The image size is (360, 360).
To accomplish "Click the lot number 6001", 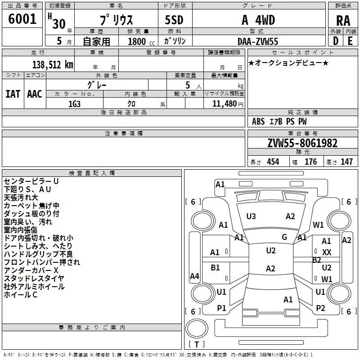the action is click(x=22, y=19).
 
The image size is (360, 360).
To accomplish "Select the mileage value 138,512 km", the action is click(x=53, y=65).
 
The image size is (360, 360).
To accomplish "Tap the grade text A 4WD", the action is click(x=258, y=20).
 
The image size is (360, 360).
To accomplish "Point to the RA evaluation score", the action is click(x=343, y=21).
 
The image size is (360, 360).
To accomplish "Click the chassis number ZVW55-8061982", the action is click(x=302, y=143).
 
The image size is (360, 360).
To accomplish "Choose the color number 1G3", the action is click(x=74, y=104).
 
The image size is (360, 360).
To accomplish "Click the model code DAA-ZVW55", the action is click(x=258, y=41).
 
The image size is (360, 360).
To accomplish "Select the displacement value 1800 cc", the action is click(x=141, y=41).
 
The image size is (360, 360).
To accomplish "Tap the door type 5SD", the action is click(x=174, y=20).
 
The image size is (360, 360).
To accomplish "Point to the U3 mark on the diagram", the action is click(x=251, y=216).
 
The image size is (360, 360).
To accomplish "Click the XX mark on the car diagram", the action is click(x=327, y=252).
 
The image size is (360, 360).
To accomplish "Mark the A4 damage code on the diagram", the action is click(x=194, y=276).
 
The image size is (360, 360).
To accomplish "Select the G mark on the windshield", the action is click(x=284, y=237).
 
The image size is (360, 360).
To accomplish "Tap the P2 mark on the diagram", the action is click(x=320, y=308).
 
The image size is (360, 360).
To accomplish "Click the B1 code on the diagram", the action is click(x=215, y=267).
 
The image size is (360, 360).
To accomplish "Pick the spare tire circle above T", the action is click(x=197, y=328).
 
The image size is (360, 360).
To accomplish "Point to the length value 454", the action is click(x=273, y=162).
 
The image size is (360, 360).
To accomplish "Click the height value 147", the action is click(x=346, y=162).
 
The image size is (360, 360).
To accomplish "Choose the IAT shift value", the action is click(x=13, y=94).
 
